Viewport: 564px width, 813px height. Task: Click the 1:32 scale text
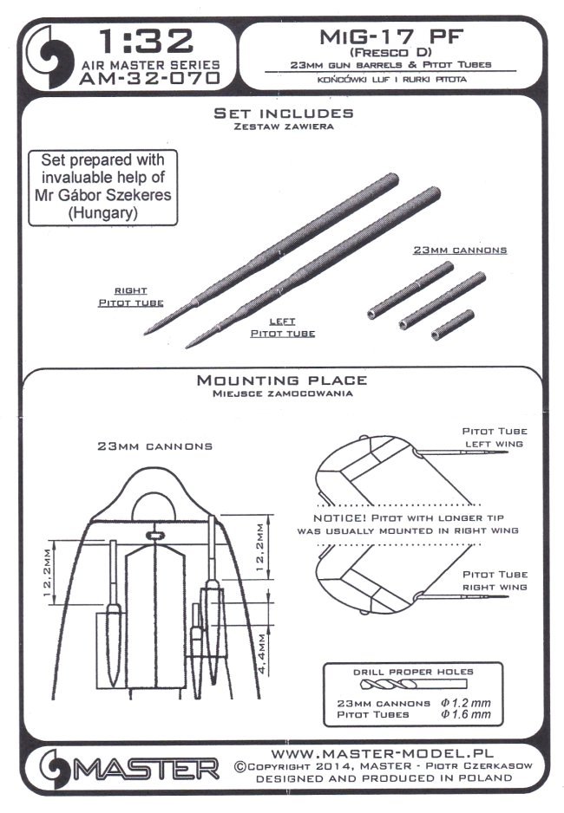click(143, 40)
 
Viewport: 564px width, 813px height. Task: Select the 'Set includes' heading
click(283, 113)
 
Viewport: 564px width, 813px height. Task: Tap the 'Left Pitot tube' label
click(282, 327)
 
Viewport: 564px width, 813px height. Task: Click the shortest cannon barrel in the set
click(453, 324)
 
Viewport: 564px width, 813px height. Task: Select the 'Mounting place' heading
click(282, 380)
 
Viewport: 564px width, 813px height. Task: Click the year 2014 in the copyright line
click(343, 766)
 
